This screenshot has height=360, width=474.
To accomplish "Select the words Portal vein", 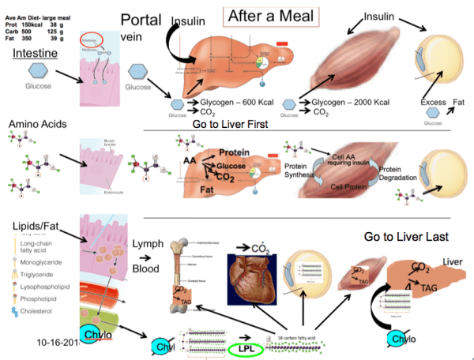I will tap(141, 28).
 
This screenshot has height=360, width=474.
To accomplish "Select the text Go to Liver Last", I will tap(406, 236).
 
